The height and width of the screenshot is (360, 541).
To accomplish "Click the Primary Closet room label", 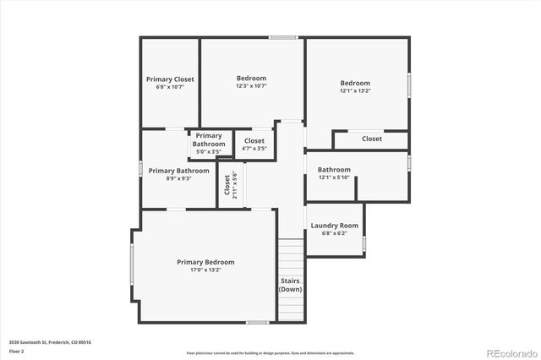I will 170,79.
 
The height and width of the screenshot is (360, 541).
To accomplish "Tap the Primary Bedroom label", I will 205,262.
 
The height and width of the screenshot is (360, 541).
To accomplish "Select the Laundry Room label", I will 334,226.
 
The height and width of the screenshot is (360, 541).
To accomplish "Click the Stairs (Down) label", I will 290,285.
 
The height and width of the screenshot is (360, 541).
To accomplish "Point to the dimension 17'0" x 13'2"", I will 205,270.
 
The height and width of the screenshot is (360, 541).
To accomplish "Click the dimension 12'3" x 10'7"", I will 251,86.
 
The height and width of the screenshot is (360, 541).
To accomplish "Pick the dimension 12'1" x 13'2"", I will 355,90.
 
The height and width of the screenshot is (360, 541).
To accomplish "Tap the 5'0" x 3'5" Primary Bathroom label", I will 209,152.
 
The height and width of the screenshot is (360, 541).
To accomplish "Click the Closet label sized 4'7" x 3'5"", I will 254,140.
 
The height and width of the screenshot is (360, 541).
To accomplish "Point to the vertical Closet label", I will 227,184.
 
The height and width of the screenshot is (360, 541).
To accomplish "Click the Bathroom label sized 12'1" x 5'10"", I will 334,169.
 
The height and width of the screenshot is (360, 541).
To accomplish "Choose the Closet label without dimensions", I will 372,139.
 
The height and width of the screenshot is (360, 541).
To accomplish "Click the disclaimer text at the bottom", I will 270,353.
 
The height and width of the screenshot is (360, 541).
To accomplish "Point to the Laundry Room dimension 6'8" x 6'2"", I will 334,234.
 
